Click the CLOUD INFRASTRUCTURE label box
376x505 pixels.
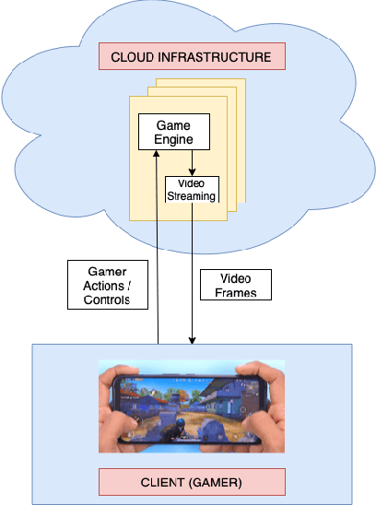coord(191,57)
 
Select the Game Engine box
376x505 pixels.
coord(172,132)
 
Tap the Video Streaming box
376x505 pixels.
coord(192,189)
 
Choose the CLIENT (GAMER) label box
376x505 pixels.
coord(193,480)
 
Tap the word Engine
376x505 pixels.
coord(172,139)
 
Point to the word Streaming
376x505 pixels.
coord(192,194)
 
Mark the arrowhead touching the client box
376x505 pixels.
coord(192,340)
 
